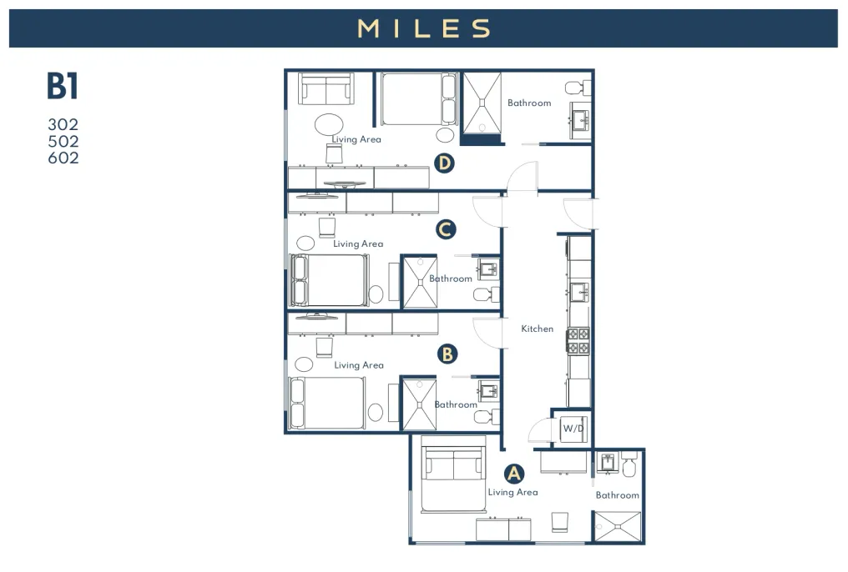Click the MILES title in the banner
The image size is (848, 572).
pos(424,28)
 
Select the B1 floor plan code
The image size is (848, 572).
pos(63,86)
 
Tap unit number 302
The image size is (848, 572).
pos(63,124)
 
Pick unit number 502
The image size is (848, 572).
pos(63,141)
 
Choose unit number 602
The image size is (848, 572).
pos(63,158)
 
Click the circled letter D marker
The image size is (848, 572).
pos(444,163)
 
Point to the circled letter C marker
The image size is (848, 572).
pos(446,229)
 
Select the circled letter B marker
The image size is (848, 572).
pos(447,354)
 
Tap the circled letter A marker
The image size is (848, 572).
pos(514,473)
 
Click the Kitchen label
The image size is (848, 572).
pos(537,329)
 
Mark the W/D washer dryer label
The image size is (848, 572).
pos(573,429)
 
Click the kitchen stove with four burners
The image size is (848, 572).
pos(578,341)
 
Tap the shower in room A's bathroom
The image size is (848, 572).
pos(618,526)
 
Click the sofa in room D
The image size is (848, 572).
pos(326,88)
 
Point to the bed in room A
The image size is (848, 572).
pos(453,473)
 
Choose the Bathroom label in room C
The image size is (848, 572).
pos(451,278)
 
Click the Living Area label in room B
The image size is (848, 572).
pos(359,365)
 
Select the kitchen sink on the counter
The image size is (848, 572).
pos(579,293)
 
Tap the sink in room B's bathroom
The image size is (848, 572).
pos(488,390)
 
